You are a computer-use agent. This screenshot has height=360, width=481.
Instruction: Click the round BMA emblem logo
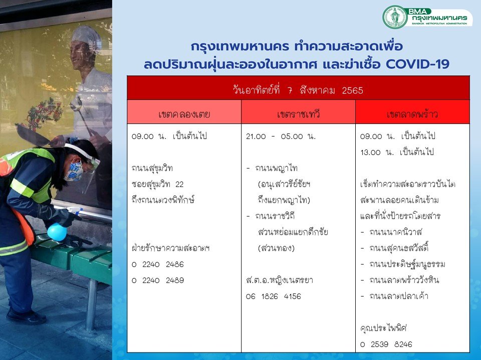coord(395,17)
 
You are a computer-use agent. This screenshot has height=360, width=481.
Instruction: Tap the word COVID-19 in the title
coord(417,64)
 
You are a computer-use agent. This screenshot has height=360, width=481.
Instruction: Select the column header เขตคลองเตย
coord(184,114)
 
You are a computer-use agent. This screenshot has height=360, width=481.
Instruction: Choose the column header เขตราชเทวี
coord(298,114)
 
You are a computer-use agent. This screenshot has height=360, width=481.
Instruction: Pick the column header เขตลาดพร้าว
coord(412,114)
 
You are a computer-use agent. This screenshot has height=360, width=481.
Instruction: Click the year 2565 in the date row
coord(352,90)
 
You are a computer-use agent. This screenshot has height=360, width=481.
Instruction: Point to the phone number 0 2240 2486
coord(158,264)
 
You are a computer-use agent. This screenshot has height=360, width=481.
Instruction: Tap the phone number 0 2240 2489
coord(158,280)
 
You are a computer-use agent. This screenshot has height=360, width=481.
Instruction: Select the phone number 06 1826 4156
coord(274,296)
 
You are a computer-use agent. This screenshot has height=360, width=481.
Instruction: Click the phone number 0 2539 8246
coord(386,344)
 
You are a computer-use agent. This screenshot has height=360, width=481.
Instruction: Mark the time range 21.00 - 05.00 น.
coord(281,136)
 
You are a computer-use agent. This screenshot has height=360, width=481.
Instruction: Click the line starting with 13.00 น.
coord(397,152)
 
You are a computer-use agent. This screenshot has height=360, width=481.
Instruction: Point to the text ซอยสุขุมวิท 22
coord(157,184)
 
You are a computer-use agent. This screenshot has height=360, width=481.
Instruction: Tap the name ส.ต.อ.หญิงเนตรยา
coord(279,280)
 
